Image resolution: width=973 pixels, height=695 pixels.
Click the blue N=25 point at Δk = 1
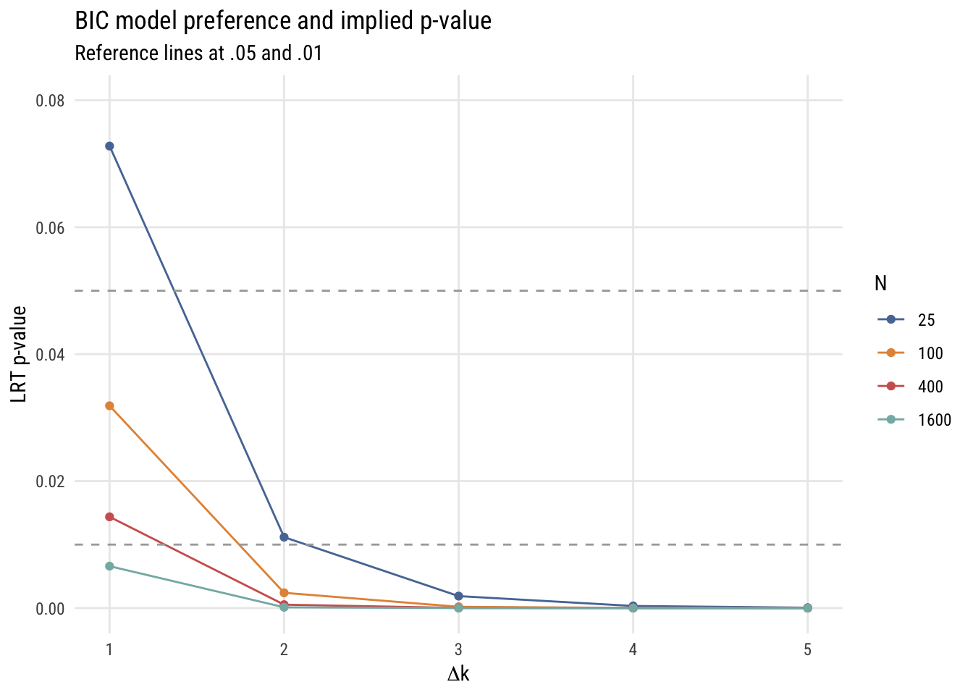109,146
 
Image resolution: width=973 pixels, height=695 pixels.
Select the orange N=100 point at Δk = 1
109,406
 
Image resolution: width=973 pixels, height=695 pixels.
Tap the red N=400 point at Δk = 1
109,517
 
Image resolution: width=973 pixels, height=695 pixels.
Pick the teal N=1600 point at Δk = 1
109,566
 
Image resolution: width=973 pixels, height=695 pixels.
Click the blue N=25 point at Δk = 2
284,537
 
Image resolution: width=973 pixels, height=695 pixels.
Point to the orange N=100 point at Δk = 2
284,593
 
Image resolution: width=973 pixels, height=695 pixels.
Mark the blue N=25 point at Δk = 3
458,596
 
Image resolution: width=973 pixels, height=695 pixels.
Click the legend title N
880,284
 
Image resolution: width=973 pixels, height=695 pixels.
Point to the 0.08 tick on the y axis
50,101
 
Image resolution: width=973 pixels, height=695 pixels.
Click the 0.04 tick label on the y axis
50,355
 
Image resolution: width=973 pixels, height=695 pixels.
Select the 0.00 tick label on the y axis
50,609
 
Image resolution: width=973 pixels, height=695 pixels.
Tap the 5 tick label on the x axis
807,650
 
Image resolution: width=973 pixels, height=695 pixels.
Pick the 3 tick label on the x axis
458,650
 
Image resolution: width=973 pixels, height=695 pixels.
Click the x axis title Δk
458,675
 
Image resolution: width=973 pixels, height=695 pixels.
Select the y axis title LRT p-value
19,354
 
